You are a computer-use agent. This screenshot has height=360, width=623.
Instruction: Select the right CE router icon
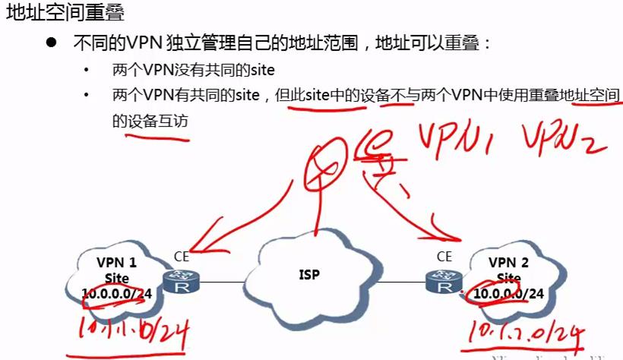[x=441, y=283]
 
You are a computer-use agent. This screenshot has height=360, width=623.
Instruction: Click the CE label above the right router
[x=444, y=257]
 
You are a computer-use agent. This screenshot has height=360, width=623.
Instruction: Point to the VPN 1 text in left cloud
[x=117, y=262]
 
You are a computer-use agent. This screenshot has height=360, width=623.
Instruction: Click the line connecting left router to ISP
[x=229, y=283]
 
